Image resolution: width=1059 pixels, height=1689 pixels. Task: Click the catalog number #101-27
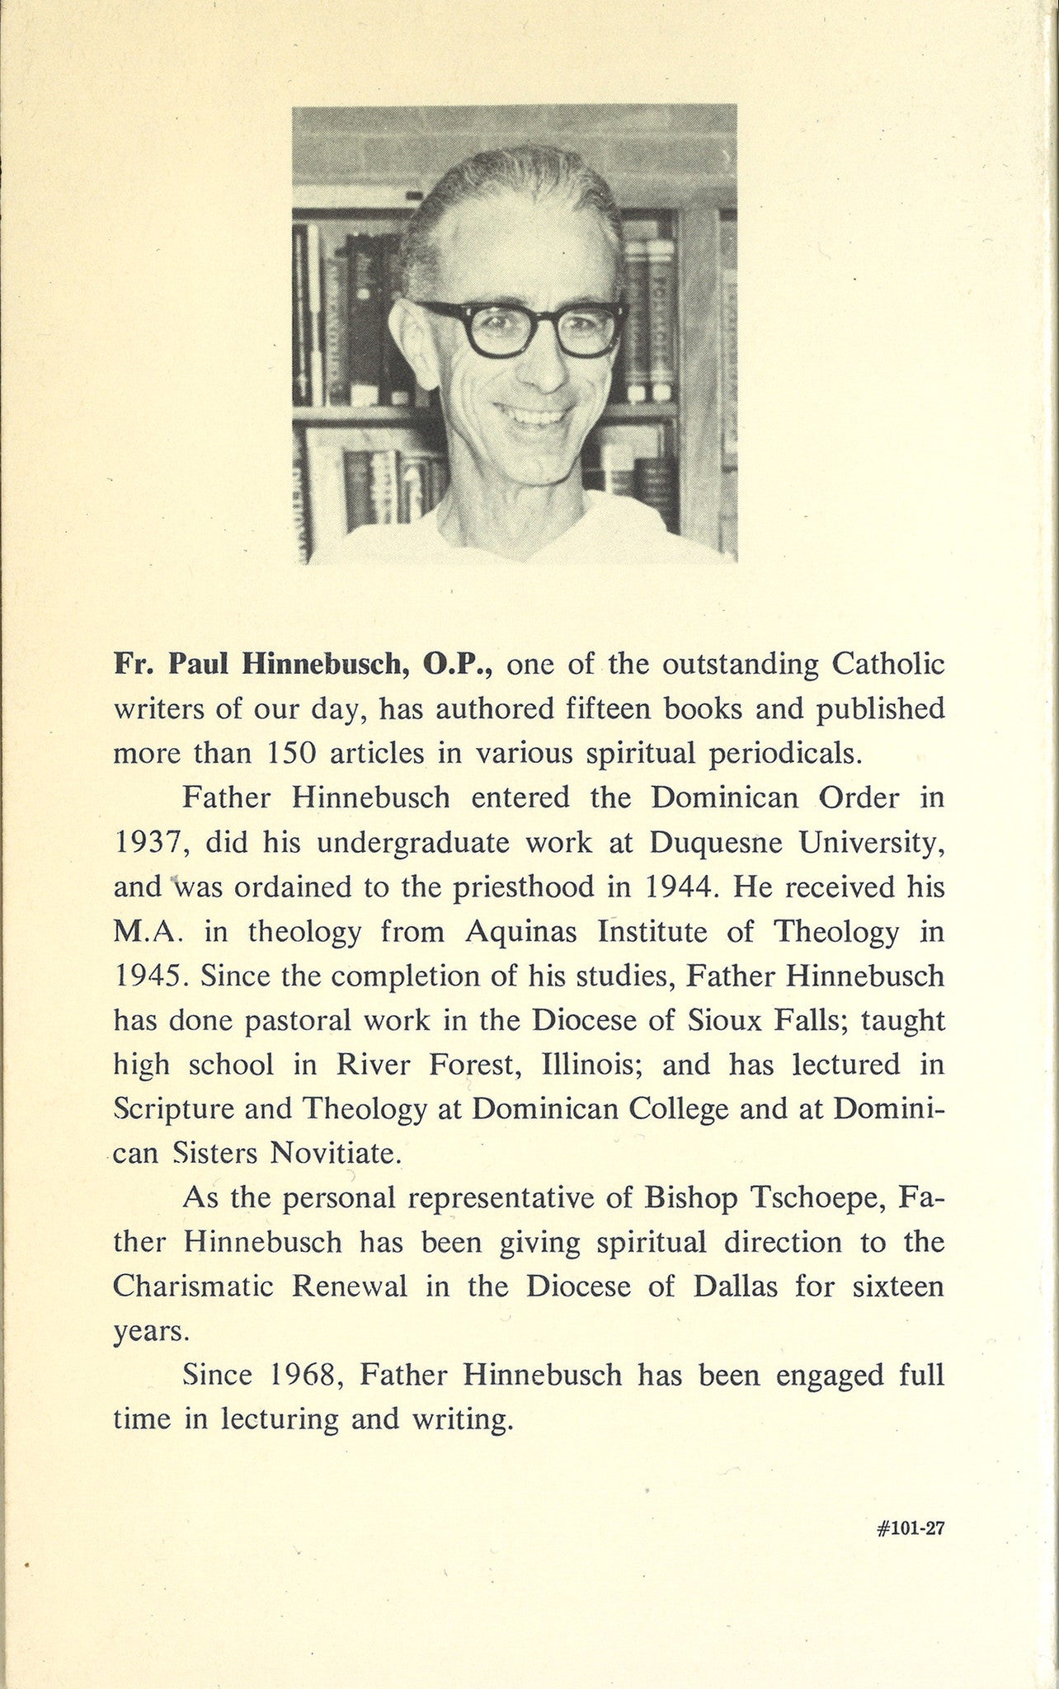tap(911, 1505)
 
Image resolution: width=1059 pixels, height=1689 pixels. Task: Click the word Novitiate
tap(336, 1153)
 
